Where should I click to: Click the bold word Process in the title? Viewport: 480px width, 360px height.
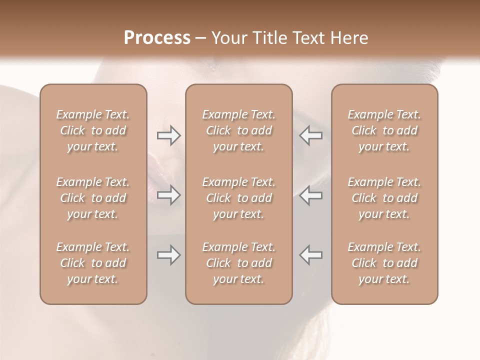(157, 38)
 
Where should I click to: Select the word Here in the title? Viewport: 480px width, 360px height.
(349, 38)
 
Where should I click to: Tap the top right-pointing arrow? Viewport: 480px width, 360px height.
(168, 135)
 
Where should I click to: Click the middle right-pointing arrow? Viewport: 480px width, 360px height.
(168, 195)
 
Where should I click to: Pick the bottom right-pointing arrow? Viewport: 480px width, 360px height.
(168, 255)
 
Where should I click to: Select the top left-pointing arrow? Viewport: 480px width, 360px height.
(311, 135)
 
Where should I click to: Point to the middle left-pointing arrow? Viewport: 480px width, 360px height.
(311, 195)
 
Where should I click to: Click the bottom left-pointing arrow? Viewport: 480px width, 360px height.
(311, 255)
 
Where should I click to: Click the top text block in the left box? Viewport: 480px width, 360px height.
(93, 130)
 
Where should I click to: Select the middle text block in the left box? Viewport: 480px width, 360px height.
(93, 198)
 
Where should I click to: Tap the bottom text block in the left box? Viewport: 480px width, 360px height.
(93, 263)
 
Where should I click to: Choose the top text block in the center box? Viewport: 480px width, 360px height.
(239, 130)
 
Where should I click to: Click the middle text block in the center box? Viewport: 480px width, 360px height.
(239, 198)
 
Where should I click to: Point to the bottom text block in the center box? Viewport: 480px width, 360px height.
(239, 263)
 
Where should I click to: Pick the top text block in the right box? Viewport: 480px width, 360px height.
(384, 130)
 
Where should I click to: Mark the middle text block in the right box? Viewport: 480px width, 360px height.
(384, 198)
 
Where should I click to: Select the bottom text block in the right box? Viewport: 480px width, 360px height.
(384, 263)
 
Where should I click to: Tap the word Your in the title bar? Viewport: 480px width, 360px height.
(228, 38)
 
